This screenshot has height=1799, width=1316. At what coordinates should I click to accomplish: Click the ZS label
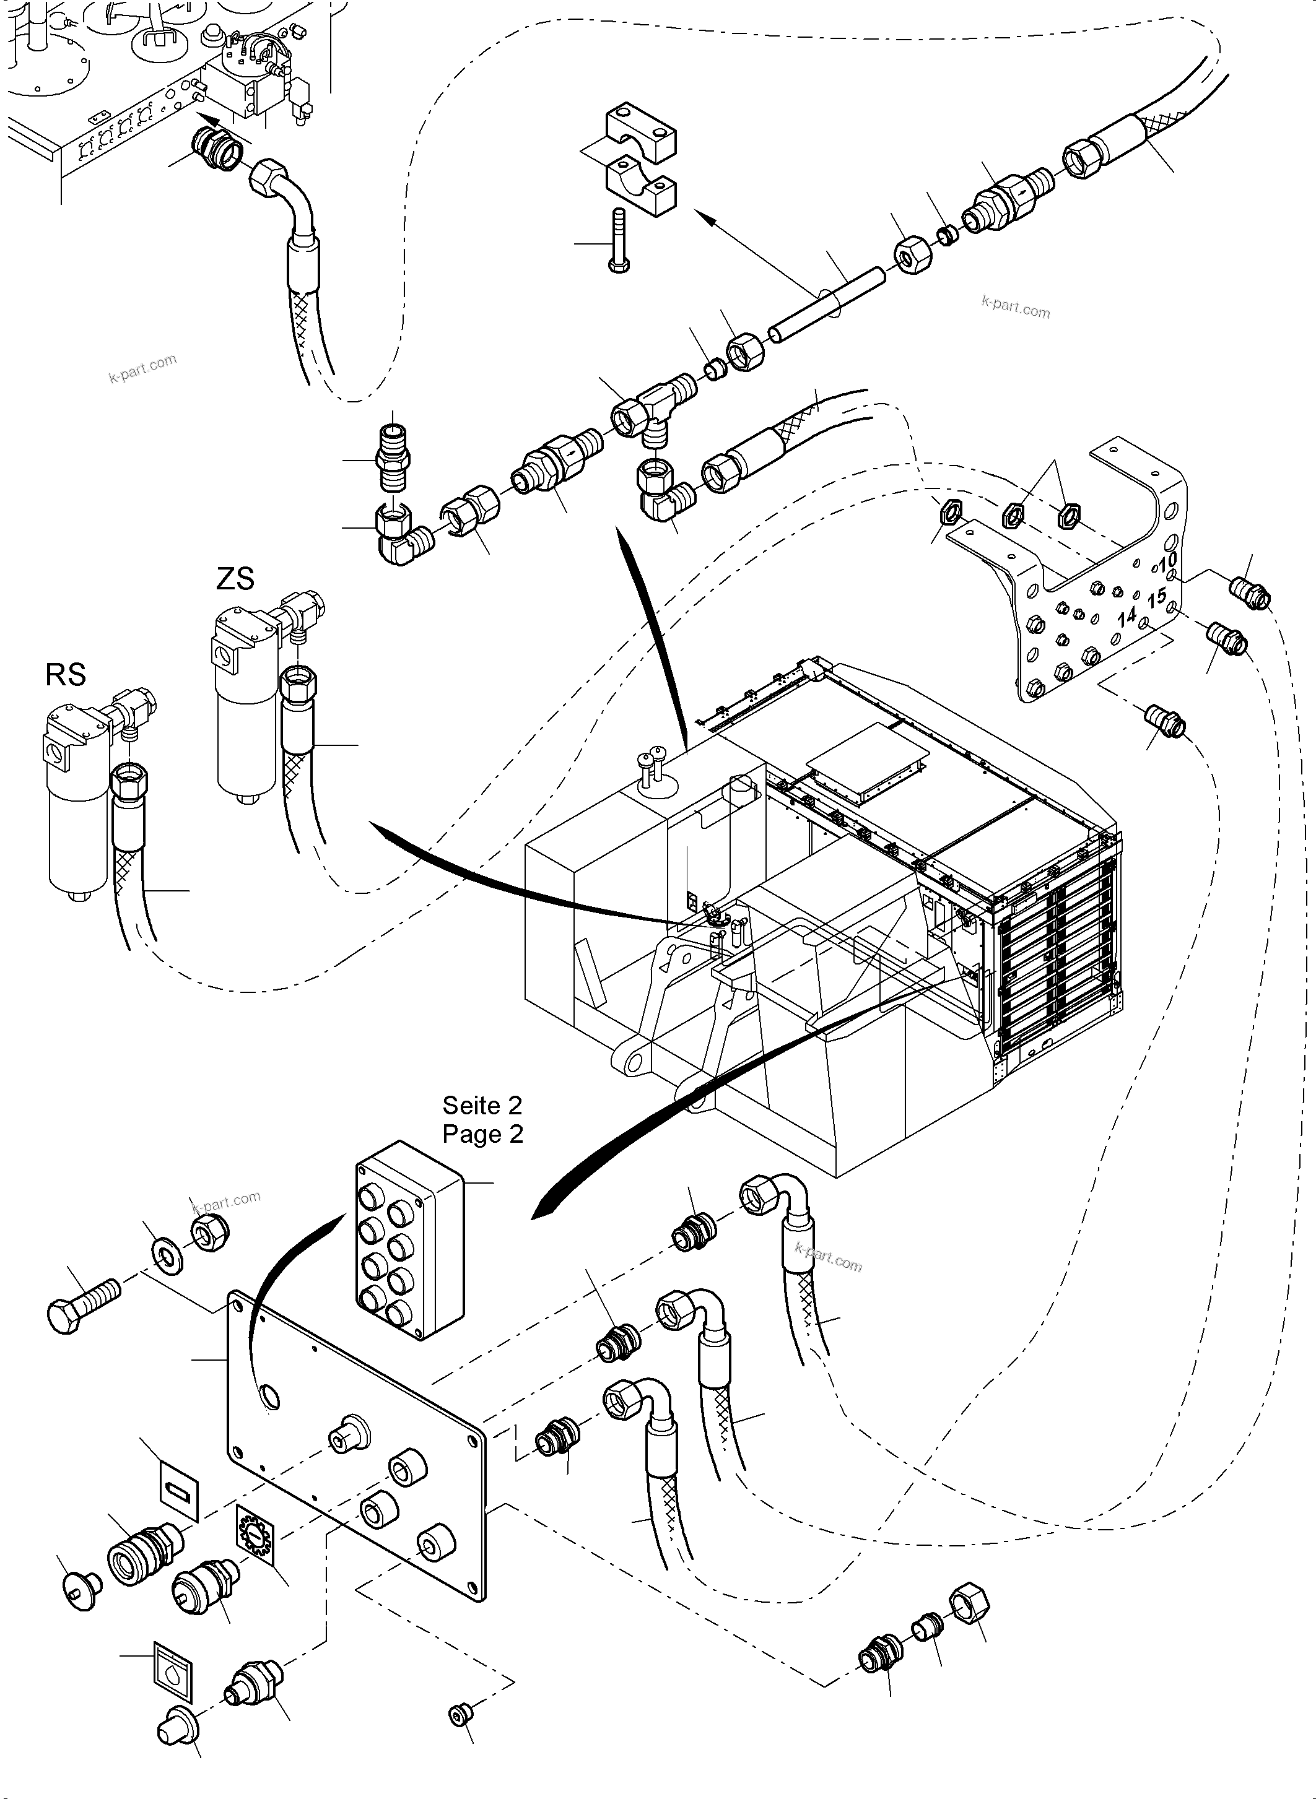[235, 579]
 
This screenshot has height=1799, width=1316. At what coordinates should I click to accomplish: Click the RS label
[65, 675]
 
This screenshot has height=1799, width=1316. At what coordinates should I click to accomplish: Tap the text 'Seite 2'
[482, 1106]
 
